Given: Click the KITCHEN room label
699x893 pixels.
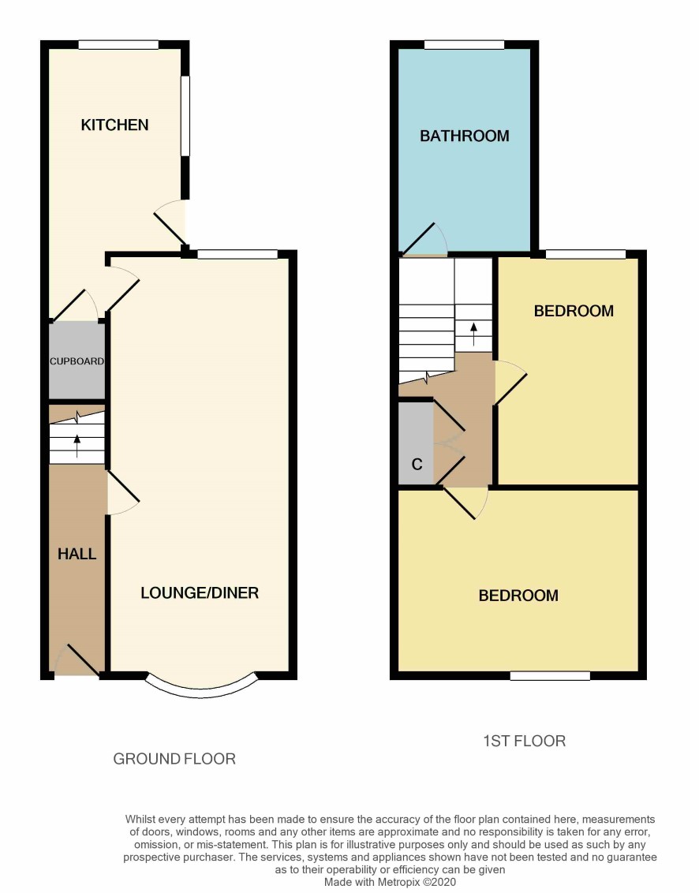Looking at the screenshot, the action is pos(114,125).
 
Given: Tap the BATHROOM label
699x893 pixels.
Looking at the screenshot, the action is pos(465,136).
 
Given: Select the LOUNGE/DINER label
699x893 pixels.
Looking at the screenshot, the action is pos(200,593).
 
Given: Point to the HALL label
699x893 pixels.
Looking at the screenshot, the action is pos(77,554).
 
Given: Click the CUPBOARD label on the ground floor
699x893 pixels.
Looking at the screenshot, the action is pos(77,361).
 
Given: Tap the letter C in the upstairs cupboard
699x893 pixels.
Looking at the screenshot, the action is pos(417,464).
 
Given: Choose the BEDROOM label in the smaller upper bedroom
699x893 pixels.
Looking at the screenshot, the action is pos(574,310).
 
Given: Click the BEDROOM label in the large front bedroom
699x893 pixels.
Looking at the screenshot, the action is pos(518,595).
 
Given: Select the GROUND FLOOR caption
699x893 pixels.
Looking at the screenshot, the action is pos(174,759).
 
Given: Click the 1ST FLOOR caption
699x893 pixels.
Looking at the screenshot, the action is pos(524,741).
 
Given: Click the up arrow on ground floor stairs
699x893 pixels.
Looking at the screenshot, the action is pos(77,446).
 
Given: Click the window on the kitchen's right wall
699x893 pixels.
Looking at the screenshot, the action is pos(185,116).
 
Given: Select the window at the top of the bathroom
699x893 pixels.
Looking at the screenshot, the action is pos(465,44).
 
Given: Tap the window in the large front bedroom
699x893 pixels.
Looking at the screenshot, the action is pos(550,675).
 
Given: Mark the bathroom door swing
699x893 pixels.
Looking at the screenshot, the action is pos(424,239).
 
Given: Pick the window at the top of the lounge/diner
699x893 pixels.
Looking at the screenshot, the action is pos(237,254).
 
